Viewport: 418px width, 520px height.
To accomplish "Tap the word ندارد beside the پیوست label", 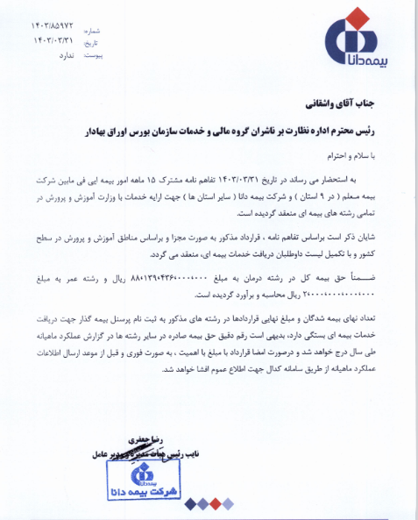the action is click(54, 53).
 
